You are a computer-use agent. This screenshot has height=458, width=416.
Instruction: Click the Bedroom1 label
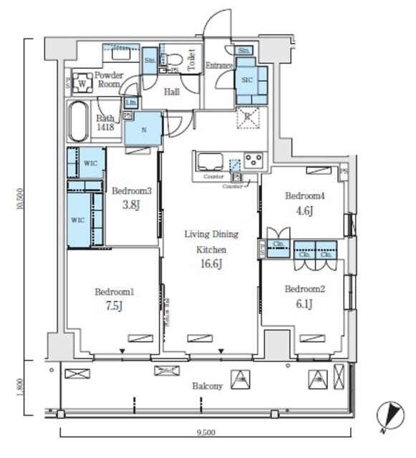point(115,292)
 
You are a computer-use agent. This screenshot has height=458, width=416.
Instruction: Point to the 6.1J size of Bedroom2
point(304,303)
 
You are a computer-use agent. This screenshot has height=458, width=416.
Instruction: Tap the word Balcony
point(207,386)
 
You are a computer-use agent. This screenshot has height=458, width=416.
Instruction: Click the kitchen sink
point(210,160)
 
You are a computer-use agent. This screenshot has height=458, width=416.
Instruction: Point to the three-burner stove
point(253,160)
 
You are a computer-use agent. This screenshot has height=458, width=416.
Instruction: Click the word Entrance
point(220,67)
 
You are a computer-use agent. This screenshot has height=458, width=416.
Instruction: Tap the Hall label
point(172,92)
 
